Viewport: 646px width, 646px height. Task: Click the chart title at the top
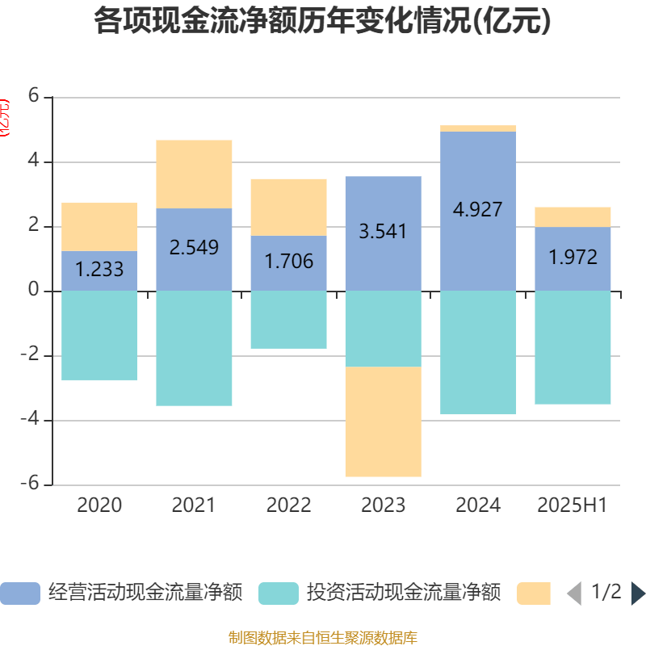[x=322, y=22]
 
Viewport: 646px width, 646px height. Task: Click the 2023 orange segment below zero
[x=383, y=422]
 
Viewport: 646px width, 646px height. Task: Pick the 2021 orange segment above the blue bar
[x=194, y=174]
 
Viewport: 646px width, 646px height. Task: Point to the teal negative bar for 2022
[x=288, y=320]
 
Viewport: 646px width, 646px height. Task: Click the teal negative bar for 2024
[x=478, y=352]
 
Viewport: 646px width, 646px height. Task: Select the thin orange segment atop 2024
[x=478, y=128]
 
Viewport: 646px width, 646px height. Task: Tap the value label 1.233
[x=99, y=270]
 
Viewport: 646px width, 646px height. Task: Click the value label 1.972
[x=573, y=258]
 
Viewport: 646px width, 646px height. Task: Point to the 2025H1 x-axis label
[x=572, y=505]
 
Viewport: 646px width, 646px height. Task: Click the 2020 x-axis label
[x=99, y=505]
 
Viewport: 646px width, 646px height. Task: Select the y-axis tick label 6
[x=33, y=95]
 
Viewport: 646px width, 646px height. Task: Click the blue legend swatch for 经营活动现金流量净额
[x=20, y=594]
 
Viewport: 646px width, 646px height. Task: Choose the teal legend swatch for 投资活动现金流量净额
[x=279, y=594]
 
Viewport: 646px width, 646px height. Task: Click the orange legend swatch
[x=534, y=594]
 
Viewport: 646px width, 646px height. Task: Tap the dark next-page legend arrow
[x=638, y=594]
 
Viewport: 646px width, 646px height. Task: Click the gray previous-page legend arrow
[x=574, y=594]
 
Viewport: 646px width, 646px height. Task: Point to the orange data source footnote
[x=322, y=638]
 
